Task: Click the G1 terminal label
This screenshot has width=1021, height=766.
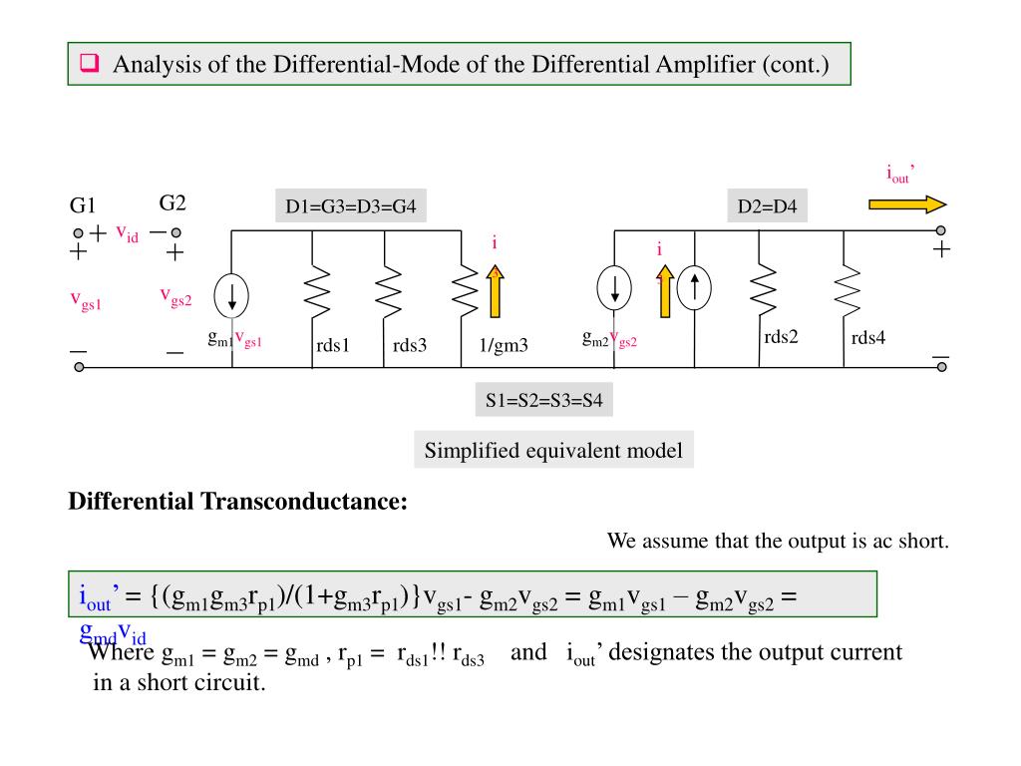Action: point(82,206)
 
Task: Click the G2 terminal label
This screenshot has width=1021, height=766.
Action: point(172,203)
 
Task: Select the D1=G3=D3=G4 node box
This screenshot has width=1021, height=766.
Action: point(350,207)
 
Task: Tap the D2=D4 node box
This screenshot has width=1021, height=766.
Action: point(766,207)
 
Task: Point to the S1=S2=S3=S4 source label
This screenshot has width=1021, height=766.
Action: point(544,402)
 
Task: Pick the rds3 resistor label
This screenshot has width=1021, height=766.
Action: point(410,346)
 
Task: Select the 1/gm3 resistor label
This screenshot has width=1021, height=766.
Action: point(504,346)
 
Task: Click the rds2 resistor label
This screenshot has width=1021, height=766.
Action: point(781,337)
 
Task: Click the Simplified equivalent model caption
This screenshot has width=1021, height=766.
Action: point(553,451)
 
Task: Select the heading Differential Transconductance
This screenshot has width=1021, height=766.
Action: point(238,501)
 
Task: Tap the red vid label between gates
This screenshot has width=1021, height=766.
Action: point(127,233)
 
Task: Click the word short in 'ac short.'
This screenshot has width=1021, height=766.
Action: point(923,542)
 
